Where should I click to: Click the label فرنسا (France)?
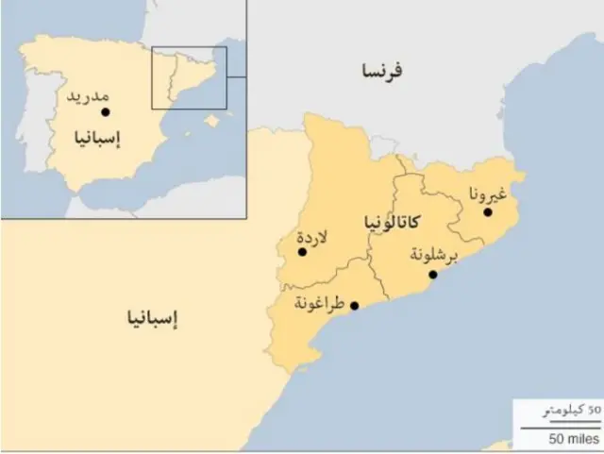(381, 70)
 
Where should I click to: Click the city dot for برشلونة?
(433, 275)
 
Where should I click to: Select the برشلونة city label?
(435, 255)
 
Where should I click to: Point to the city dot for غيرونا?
(488, 212)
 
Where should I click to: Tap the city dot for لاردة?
(302, 252)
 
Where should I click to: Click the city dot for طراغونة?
(354, 306)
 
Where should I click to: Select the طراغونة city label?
(318, 305)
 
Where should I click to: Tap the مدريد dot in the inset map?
(105, 111)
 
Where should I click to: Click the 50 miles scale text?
(571, 440)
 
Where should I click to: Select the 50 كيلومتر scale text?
(568, 412)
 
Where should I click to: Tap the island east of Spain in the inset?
(212, 121)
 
